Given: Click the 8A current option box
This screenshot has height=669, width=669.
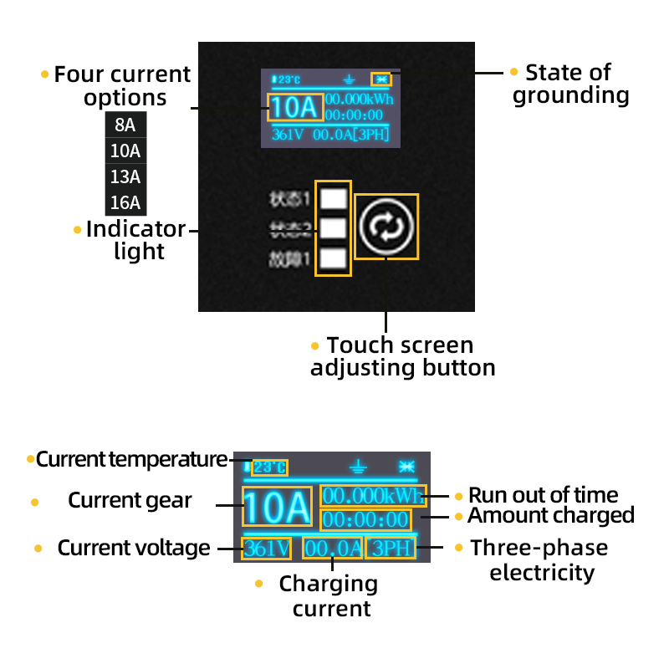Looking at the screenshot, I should [x=125, y=125].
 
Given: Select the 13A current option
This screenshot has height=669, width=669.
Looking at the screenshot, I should [x=125, y=177].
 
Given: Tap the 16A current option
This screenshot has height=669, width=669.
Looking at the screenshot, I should [x=125, y=203].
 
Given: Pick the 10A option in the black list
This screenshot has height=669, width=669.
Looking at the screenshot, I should [x=125, y=151].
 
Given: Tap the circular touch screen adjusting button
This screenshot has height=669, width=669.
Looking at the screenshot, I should [x=386, y=227].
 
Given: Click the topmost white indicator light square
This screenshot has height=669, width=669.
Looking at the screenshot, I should [x=334, y=199].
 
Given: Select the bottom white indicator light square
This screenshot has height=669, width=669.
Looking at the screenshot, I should [x=334, y=258].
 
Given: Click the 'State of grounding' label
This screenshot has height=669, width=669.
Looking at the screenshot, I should [x=570, y=84].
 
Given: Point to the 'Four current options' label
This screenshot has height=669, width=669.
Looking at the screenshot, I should [x=124, y=86].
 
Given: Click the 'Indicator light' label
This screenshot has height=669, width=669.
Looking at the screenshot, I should [x=135, y=240].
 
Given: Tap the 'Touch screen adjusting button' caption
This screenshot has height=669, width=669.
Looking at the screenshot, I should [x=401, y=356].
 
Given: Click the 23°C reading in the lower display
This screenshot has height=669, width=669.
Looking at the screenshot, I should [x=269, y=467].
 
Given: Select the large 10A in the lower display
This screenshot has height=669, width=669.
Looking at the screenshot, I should [x=277, y=508].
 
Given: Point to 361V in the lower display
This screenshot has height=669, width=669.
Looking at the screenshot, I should [x=267, y=549].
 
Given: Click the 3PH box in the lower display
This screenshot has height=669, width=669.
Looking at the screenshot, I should [x=390, y=549].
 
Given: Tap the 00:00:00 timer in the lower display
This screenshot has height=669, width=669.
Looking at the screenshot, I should [x=366, y=519].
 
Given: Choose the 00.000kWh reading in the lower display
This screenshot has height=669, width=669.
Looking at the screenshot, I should [x=373, y=494].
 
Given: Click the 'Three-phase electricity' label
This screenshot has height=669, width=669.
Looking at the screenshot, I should [x=540, y=560].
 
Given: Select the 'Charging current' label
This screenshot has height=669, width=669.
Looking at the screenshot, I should [x=331, y=595].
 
